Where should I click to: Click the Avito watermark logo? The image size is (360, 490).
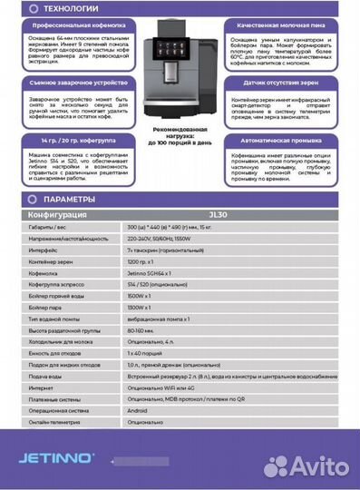point(308,466)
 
